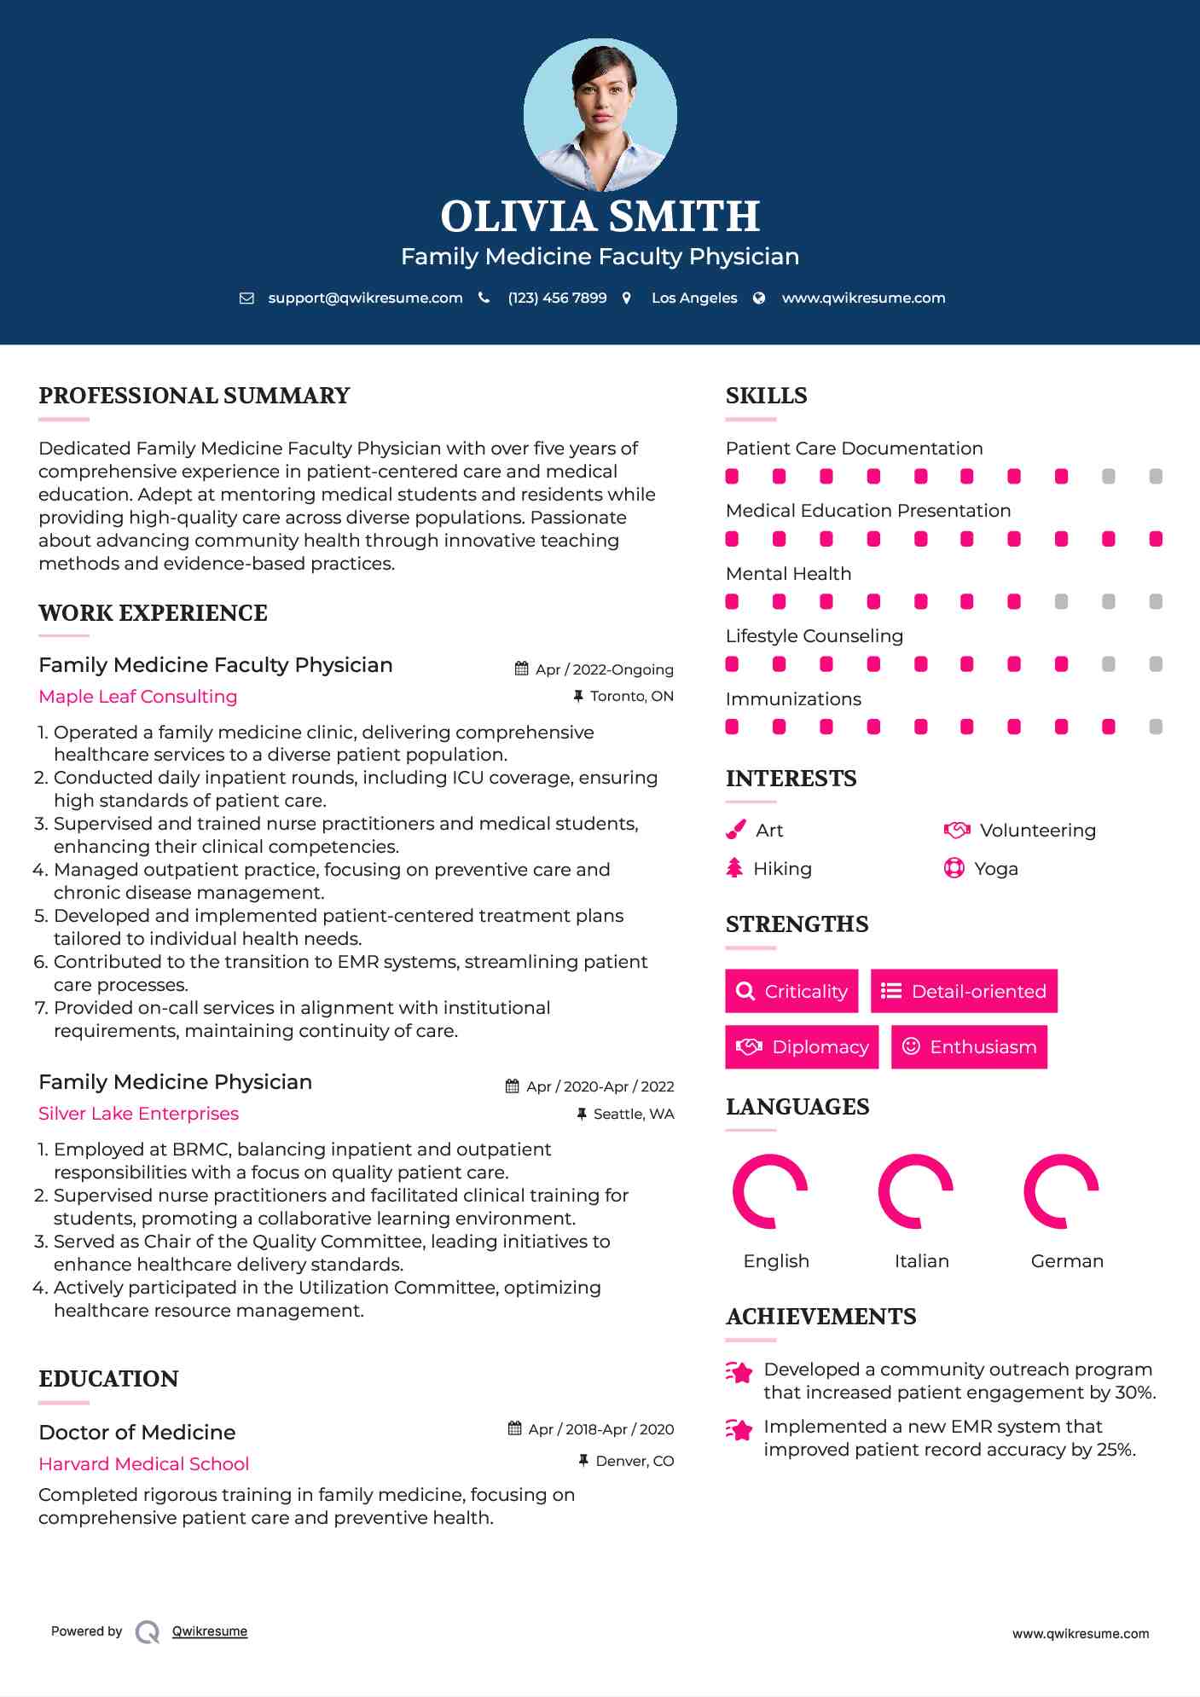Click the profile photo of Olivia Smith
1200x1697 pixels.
click(x=600, y=115)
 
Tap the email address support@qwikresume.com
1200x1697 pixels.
click(x=365, y=298)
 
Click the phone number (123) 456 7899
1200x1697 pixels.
click(x=557, y=298)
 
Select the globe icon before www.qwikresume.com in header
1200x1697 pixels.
click(x=759, y=298)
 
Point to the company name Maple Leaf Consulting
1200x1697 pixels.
click(x=138, y=697)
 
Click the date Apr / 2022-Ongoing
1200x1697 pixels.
click(x=604, y=669)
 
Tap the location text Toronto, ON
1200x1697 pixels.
click(x=631, y=696)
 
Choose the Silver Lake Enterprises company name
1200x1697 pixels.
click(x=138, y=1114)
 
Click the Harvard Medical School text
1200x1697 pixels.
click(x=143, y=1464)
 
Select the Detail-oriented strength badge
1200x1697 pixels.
click(x=964, y=991)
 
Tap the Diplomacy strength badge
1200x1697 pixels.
click(x=802, y=1047)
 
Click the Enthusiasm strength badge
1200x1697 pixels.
click(x=969, y=1047)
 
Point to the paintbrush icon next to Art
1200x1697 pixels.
click(x=735, y=830)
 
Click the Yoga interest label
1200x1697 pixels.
click(x=996, y=869)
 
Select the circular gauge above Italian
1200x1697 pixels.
click(x=915, y=1191)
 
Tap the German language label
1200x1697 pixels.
click(x=1067, y=1261)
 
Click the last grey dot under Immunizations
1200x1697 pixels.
click(x=1156, y=727)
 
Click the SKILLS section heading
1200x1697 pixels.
click(x=766, y=396)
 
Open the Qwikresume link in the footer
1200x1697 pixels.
click(x=210, y=1631)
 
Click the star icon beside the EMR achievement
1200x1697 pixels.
click(x=739, y=1430)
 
